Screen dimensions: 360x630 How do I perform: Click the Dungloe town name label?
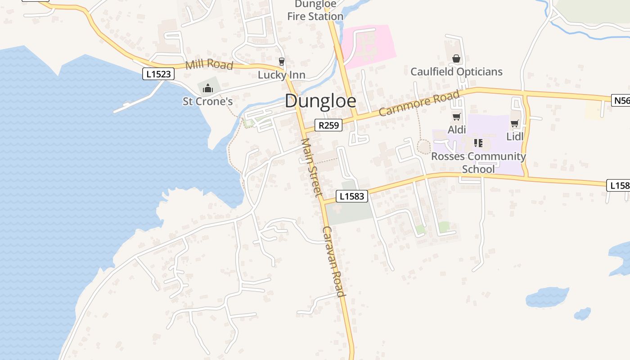pyautogui.click(x=320, y=101)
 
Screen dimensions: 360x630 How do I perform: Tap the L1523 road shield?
pyautogui.click(x=158, y=74)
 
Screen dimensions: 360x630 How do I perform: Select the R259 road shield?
pyautogui.click(x=328, y=125)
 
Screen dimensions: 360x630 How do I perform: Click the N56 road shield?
pyautogui.click(x=621, y=100)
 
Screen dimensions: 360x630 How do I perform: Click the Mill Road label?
pyautogui.click(x=209, y=65)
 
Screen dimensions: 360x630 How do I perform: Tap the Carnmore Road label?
pyautogui.click(x=419, y=103)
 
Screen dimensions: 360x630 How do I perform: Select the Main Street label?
pyautogui.click(x=311, y=167)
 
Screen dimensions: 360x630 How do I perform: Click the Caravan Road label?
pyautogui.click(x=333, y=261)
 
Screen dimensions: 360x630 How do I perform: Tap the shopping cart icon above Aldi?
pyautogui.click(x=456, y=117)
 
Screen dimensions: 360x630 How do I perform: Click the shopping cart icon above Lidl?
pyautogui.click(x=515, y=123)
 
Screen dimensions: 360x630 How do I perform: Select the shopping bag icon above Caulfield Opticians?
pyautogui.click(x=456, y=58)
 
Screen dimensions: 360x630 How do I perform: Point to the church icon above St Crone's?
pyautogui.click(x=207, y=88)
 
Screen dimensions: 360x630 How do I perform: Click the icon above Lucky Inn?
pyautogui.click(x=282, y=62)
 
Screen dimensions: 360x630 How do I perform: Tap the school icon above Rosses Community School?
pyautogui.click(x=478, y=143)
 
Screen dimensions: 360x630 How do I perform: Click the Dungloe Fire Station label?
pyautogui.click(x=315, y=10)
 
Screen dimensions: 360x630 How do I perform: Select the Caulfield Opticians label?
pyautogui.click(x=456, y=72)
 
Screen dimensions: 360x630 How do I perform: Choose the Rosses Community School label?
pyautogui.click(x=478, y=162)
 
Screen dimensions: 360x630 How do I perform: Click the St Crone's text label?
pyautogui.click(x=207, y=102)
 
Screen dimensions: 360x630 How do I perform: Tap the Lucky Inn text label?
pyautogui.click(x=282, y=75)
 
